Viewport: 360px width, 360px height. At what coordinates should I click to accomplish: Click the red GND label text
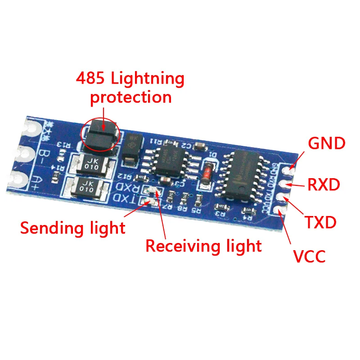[x=326, y=144]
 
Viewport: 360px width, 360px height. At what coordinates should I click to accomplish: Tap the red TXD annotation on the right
[x=320, y=222]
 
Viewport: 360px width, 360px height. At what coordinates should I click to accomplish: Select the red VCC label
[x=309, y=256]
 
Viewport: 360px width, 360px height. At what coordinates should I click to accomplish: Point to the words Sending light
[x=72, y=228]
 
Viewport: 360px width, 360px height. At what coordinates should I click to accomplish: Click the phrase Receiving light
[x=203, y=246]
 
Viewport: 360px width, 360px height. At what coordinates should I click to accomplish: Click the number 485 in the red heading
[x=90, y=79]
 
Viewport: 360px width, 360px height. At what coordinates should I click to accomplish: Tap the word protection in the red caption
[x=131, y=97]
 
